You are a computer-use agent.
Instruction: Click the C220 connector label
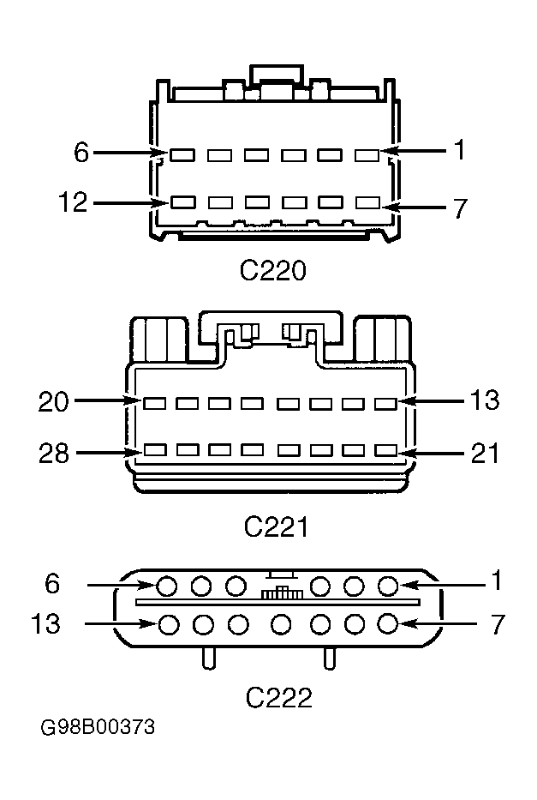click(x=272, y=270)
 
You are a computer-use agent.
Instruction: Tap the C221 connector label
click(x=276, y=526)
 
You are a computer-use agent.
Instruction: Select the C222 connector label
click(x=278, y=697)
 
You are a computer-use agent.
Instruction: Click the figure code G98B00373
click(x=98, y=726)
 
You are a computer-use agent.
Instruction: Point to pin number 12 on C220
click(x=73, y=202)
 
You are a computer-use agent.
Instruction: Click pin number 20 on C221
click(x=53, y=401)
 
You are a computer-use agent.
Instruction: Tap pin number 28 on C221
click(x=53, y=453)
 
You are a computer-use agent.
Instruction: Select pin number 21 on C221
click(x=485, y=453)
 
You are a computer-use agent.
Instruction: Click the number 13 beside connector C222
click(x=45, y=623)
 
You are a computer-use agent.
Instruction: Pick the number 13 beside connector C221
click(x=485, y=400)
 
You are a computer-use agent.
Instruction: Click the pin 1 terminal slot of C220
click(x=367, y=155)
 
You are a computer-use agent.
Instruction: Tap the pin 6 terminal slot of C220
click(x=182, y=155)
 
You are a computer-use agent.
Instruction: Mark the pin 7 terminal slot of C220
click(x=368, y=202)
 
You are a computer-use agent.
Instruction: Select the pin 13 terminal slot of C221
click(x=385, y=404)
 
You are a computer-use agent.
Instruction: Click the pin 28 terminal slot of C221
click(x=155, y=449)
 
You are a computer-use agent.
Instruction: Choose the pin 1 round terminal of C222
click(x=388, y=586)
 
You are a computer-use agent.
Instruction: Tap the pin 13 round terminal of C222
click(x=169, y=624)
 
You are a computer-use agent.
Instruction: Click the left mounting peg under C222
click(x=208, y=659)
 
